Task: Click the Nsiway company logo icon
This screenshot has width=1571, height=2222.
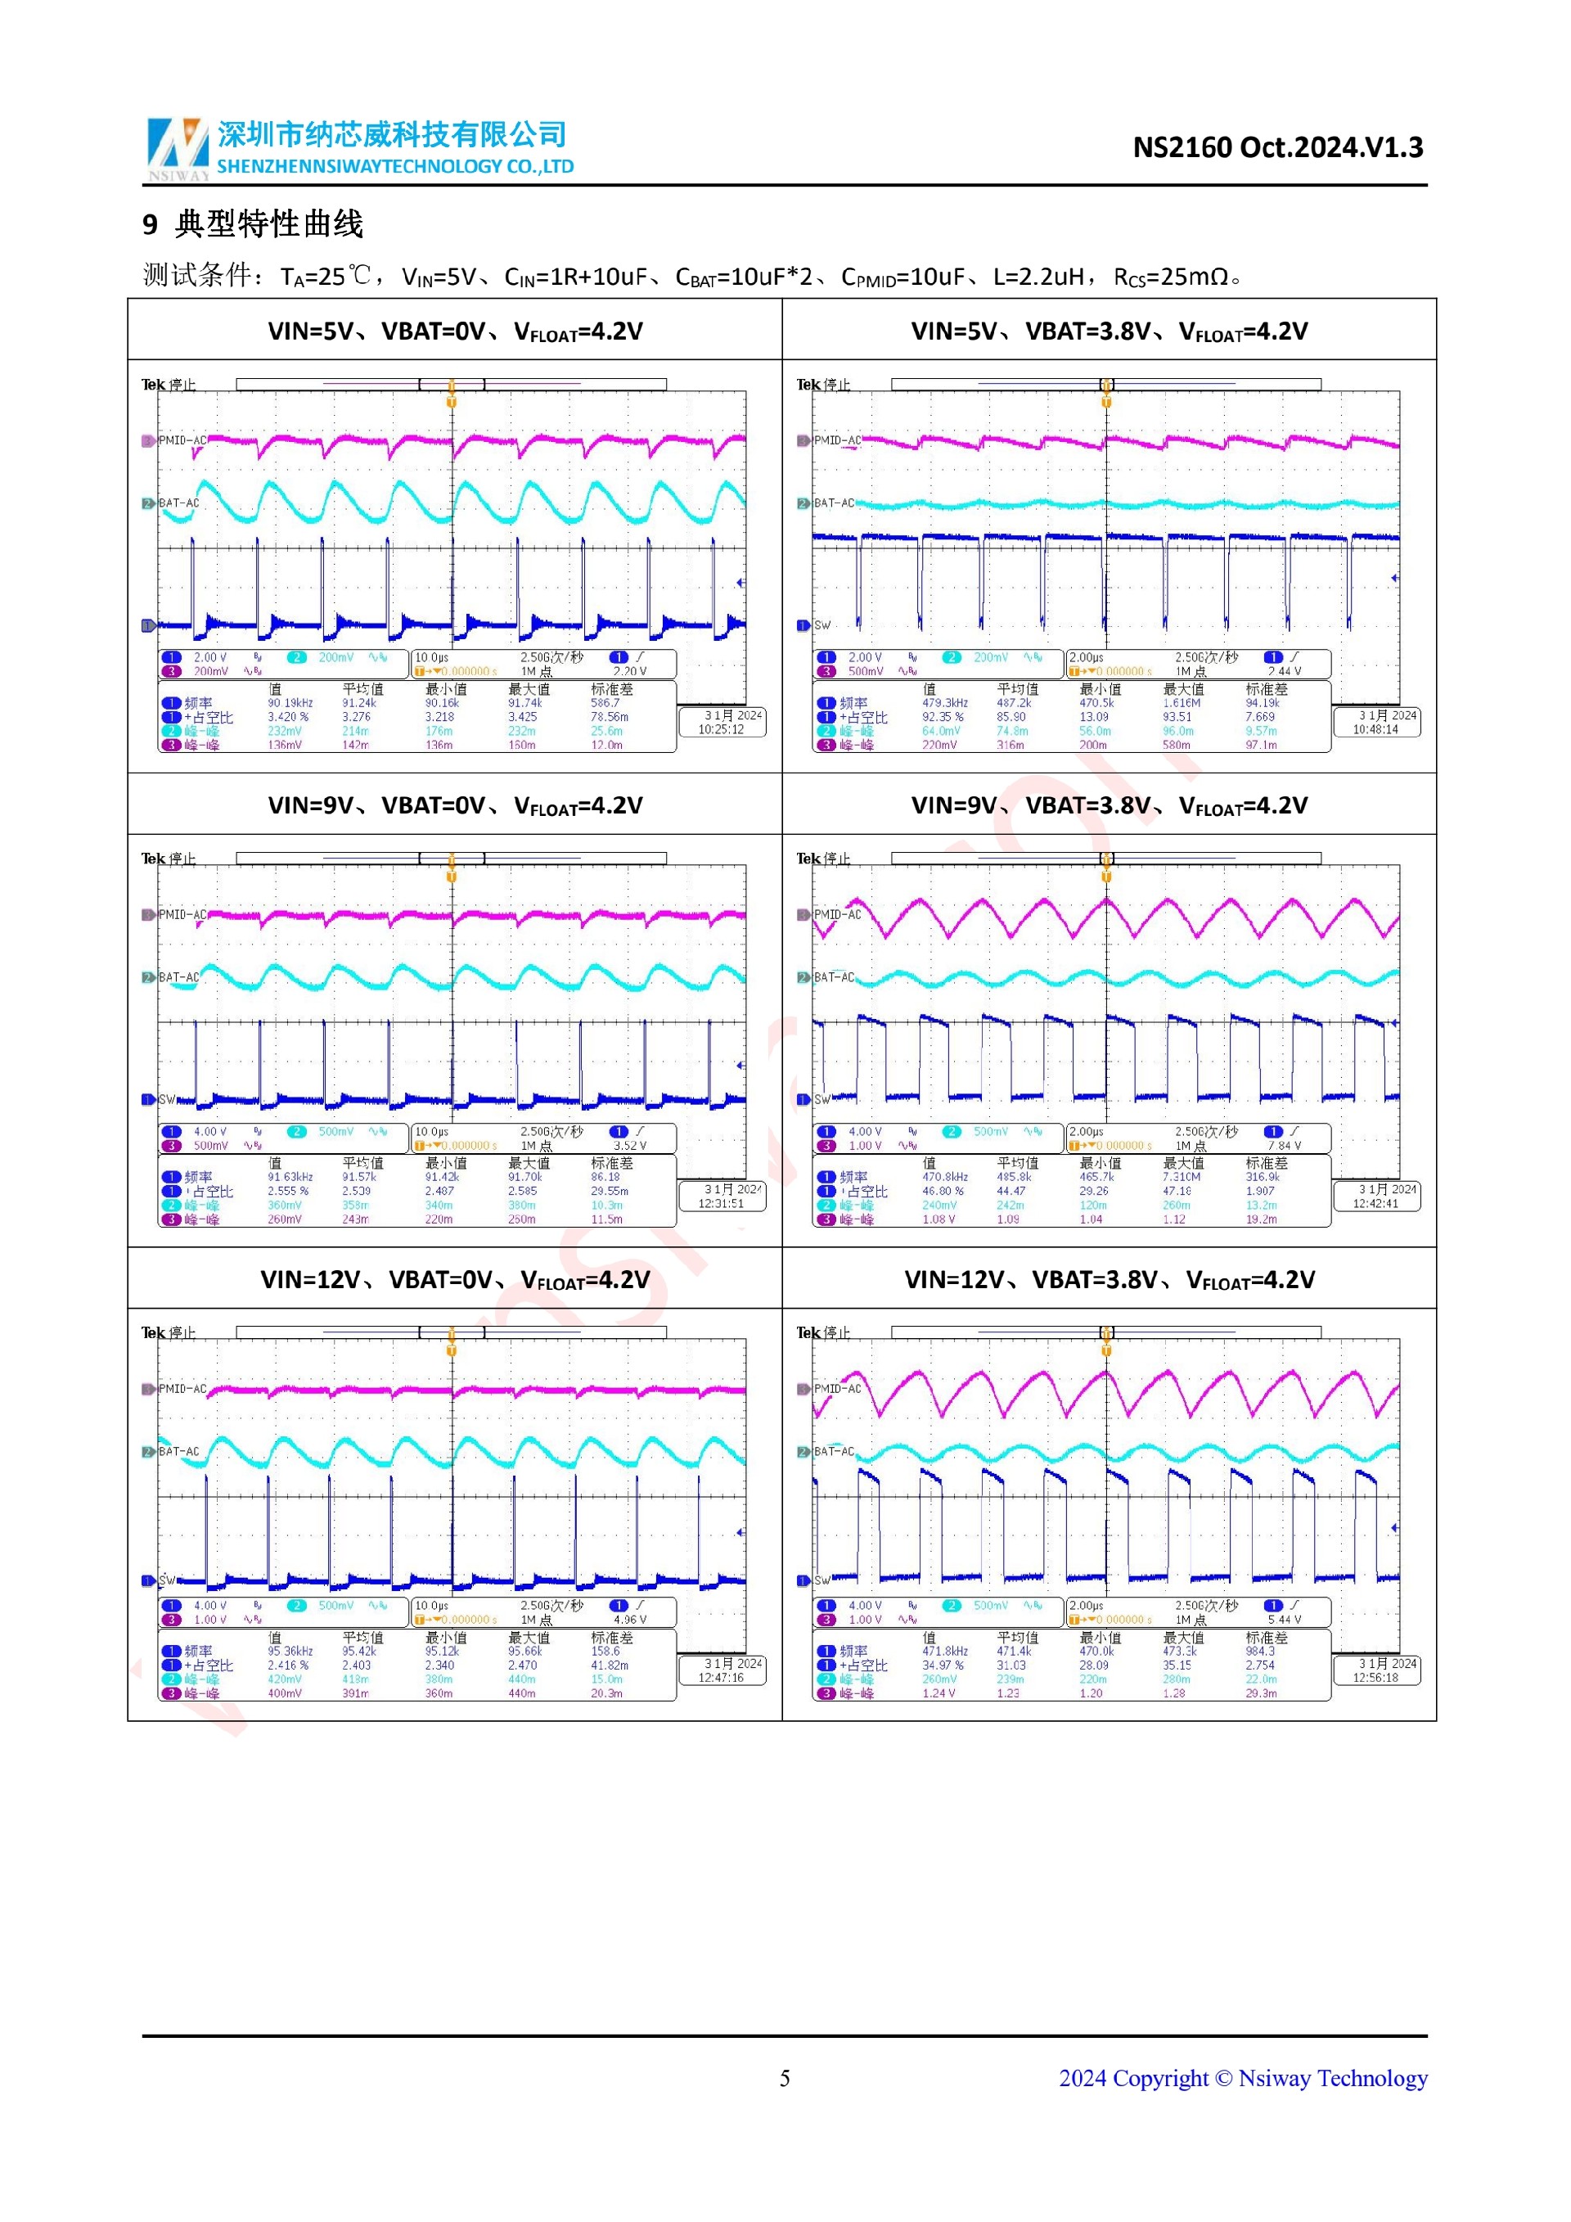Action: pos(177,147)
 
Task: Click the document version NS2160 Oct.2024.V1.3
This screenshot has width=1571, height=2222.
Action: pos(1277,147)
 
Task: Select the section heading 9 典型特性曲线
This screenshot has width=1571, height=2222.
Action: pos(253,224)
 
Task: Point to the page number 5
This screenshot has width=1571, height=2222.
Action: pos(785,2078)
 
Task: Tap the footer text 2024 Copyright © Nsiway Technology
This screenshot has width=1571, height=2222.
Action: pos(1242,2078)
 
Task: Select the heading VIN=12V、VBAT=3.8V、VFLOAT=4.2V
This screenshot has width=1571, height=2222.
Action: pos(1109,1280)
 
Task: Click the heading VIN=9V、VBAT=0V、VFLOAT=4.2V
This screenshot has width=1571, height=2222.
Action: pos(455,806)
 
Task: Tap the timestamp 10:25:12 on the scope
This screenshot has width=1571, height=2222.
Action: pos(722,730)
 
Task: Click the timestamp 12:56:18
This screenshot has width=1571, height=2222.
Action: pos(1375,1678)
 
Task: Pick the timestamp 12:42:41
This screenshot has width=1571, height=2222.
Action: pos(1375,1204)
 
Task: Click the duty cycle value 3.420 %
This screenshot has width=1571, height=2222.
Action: pos(288,717)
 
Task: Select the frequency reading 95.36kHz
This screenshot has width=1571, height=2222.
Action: pos(290,1651)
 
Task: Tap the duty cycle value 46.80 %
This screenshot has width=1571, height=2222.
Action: pos(943,1192)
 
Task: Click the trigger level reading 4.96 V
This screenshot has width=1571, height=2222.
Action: pos(630,1619)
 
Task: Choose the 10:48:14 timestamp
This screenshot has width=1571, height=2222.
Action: pos(1375,730)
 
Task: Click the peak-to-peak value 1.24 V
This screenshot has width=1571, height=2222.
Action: pos(939,1692)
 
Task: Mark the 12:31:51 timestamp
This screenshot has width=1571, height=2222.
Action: pos(722,1204)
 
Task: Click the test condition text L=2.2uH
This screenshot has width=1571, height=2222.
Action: pos(1038,277)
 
